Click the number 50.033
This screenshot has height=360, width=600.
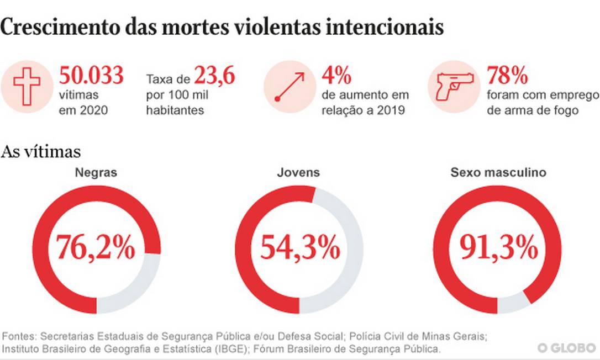pos(91,76)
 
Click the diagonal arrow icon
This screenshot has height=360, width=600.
pos(290,87)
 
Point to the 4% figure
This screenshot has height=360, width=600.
pos(336,76)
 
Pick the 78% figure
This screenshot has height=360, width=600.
pos(507,76)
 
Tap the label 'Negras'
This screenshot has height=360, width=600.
pos(96,172)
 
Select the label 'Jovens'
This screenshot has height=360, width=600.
pos(298,172)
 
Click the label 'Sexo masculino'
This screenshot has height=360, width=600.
pos(498,172)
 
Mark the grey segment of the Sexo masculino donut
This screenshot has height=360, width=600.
pos(513,303)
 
